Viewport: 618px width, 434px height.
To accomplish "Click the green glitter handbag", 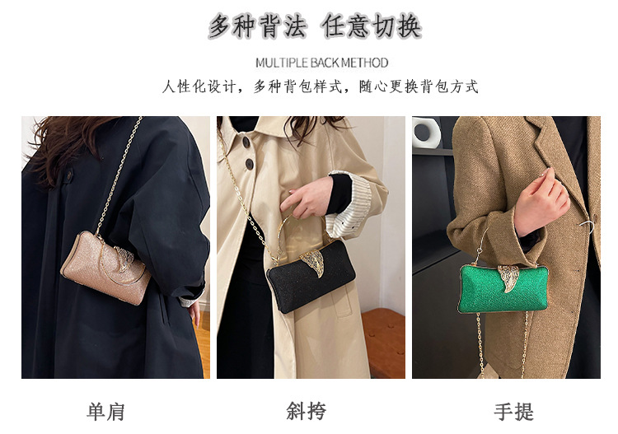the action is [x=503, y=289].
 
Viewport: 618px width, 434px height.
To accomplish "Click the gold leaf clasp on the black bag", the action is [x=312, y=262].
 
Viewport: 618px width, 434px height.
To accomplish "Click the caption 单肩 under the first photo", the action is [x=105, y=412].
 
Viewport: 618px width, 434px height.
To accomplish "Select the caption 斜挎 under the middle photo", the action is [x=307, y=412].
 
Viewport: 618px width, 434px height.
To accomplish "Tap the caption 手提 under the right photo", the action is [x=513, y=412].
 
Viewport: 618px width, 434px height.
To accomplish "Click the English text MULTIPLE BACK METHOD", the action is [x=321, y=63].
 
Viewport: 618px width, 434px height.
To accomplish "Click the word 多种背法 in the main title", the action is [x=258, y=27].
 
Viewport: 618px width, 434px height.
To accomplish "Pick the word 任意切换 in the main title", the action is [x=372, y=27].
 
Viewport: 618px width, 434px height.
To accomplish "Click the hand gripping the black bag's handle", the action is [x=308, y=197].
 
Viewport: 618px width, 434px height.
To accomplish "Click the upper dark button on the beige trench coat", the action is [x=246, y=142].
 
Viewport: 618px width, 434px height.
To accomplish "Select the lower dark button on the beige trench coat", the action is [x=249, y=164].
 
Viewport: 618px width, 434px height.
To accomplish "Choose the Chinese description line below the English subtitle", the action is [x=320, y=86].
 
